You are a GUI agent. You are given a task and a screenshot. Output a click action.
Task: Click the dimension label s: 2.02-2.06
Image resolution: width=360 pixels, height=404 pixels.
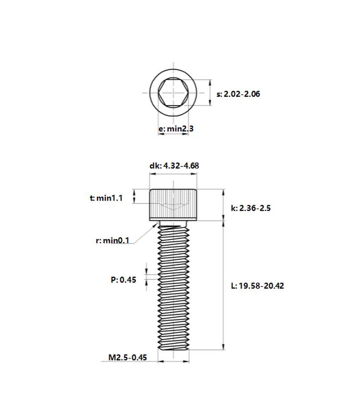click(x=238, y=94)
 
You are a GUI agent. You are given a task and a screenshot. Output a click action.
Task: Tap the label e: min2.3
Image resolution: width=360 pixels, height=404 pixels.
click(x=176, y=128)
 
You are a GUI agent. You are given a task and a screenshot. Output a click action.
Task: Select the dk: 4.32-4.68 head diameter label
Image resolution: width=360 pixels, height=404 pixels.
click(x=174, y=166)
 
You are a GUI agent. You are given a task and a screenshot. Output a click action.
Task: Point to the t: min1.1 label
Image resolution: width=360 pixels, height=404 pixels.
click(x=106, y=198)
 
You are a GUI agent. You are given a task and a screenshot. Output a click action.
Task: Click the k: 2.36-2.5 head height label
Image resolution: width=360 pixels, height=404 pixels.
click(x=251, y=208)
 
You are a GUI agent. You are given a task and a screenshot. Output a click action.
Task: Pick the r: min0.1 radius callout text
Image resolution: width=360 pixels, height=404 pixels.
click(x=112, y=240)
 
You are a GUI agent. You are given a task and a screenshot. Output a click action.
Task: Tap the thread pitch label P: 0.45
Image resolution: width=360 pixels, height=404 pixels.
click(x=123, y=280)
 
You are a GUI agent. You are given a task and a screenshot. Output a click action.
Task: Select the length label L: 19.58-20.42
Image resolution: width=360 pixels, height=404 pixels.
click(x=257, y=286)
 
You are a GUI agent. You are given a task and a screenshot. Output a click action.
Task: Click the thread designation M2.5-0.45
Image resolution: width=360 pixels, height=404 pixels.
click(x=128, y=357)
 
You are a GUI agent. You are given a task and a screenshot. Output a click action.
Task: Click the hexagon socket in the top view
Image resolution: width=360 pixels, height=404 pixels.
click(x=173, y=93)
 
